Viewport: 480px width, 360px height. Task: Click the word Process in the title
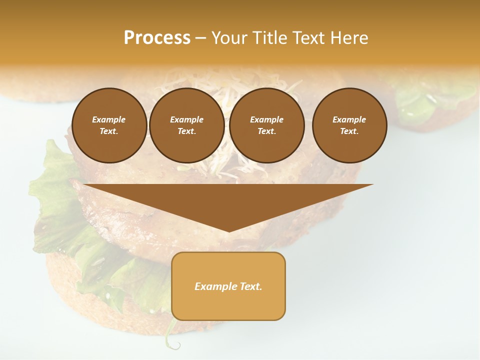point(157,38)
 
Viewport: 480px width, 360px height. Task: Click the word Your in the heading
point(229,38)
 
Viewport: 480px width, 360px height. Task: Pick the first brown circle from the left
point(109,125)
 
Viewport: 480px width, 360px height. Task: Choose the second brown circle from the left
point(186,125)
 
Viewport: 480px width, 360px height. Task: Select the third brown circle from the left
point(266,125)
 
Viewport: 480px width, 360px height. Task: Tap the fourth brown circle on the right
point(349,125)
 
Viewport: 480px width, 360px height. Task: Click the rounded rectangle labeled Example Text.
point(228,286)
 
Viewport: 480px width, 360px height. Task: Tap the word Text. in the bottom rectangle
point(250,286)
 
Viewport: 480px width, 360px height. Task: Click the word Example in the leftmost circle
point(109,119)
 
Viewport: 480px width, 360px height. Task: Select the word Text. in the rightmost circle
point(349,131)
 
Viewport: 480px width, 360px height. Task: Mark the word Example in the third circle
point(266,119)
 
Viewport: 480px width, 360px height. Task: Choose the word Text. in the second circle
point(186,131)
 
